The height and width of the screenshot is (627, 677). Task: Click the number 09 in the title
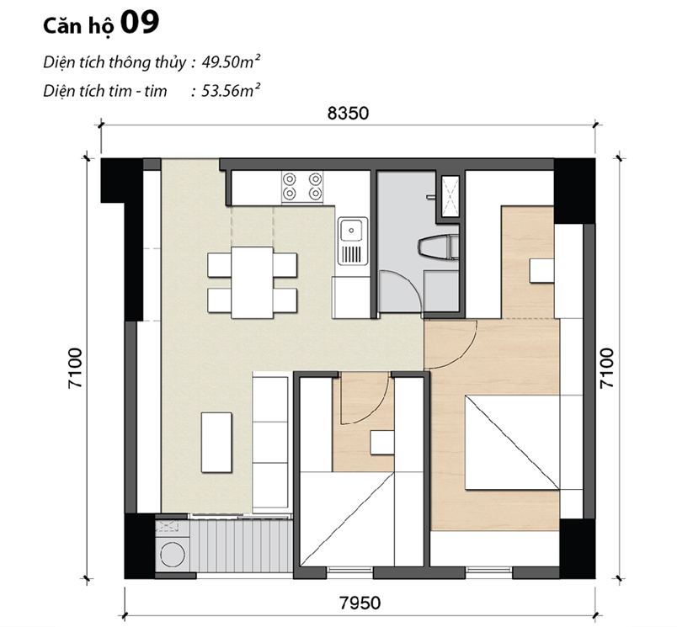(x=140, y=23)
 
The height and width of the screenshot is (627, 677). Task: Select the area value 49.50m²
(x=231, y=62)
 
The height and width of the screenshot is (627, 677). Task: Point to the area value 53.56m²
(x=231, y=91)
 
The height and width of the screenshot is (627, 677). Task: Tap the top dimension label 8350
(x=348, y=113)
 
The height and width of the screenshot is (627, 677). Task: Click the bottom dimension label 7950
(x=360, y=603)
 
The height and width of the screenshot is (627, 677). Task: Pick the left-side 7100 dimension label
(x=75, y=368)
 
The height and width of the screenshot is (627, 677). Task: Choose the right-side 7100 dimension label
(x=606, y=368)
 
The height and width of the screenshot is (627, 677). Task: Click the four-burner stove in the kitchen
(x=302, y=187)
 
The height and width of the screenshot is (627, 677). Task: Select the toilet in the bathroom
(x=438, y=248)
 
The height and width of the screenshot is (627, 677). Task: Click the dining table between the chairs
(x=252, y=283)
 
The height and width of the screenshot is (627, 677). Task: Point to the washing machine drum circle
(x=173, y=554)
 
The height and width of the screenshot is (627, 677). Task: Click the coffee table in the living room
(x=216, y=442)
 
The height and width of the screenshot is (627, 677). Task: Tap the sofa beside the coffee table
(x=270, y=443)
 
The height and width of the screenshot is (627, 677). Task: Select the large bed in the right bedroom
(x=513, y=443)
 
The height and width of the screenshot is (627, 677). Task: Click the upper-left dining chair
(x=219, y=265)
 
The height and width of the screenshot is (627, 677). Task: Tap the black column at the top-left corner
(x=121, y=180)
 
